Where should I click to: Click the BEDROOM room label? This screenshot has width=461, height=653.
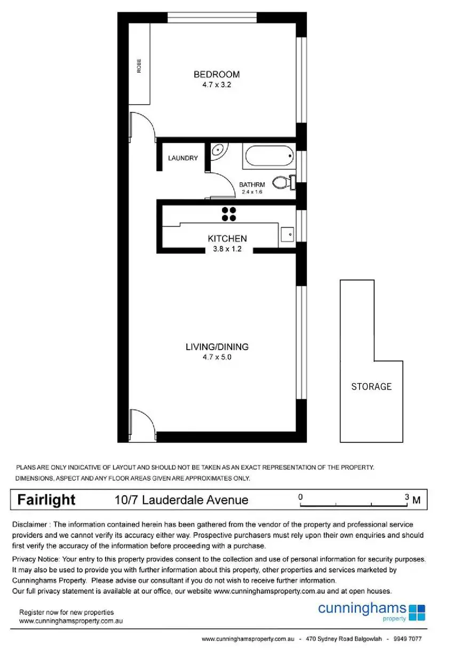click(216, 74)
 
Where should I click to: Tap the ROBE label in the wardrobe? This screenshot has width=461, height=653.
click(139, 67)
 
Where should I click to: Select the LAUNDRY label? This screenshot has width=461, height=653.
click(182, 158)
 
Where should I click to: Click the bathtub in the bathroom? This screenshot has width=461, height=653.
click(269, 156)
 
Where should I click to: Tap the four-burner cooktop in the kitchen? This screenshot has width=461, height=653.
click(229, 214)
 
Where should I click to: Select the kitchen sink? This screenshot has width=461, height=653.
click(287, 234)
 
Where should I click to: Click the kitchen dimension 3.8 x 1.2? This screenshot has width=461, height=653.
click(227, 248)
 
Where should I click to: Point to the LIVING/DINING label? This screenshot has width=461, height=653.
click(217, 347)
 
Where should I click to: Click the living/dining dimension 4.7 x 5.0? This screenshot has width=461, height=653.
click(217, 357)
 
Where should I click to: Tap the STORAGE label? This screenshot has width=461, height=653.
click(371, 386)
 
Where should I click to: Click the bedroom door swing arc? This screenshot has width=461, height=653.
click(145, 125)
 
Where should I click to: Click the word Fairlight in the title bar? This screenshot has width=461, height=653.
click(46, 500)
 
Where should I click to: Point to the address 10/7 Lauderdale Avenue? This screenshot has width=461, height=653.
click(181, 500)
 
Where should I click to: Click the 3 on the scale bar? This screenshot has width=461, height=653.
click(407, 497)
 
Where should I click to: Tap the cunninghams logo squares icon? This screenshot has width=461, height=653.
click(417, 612)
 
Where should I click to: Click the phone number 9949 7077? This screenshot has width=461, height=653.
click(407, 639)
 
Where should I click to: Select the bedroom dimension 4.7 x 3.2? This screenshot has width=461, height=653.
click(216, 84)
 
